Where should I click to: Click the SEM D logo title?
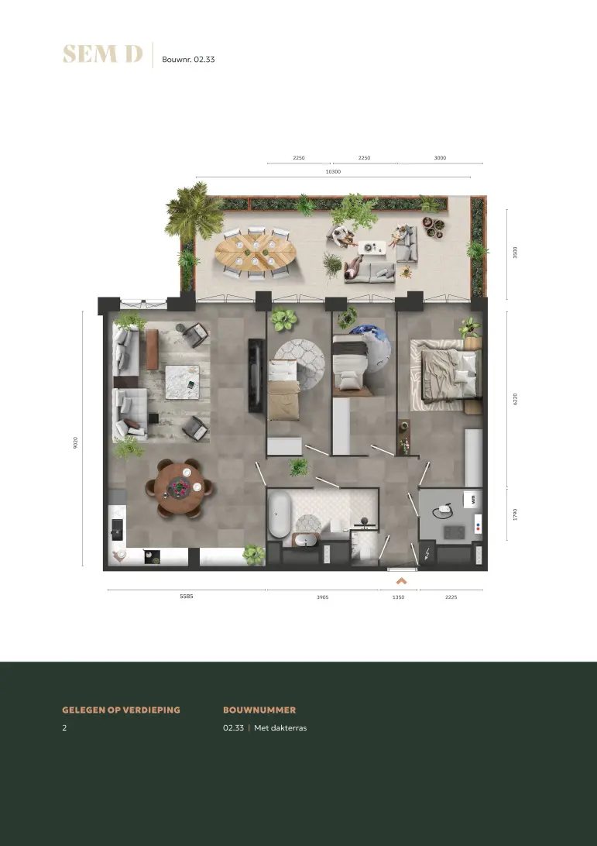coord(102,54)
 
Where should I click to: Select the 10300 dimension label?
coord(333,171)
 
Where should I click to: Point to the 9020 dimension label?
coord(76,443)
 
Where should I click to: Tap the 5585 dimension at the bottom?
coord(187,597)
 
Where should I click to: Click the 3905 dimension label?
coord(322,597)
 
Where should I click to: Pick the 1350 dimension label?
coord(398,597)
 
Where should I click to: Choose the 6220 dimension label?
coord(515,399)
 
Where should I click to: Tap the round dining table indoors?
coord(180,488)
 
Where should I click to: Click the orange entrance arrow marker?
coord(401,581)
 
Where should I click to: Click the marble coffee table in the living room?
coord(182,382)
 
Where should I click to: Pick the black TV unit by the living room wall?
coord(256,376)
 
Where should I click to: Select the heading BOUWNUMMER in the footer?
coord(259,710)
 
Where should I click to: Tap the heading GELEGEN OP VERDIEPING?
coord(121,710)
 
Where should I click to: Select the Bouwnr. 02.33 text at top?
coord(188,60)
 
